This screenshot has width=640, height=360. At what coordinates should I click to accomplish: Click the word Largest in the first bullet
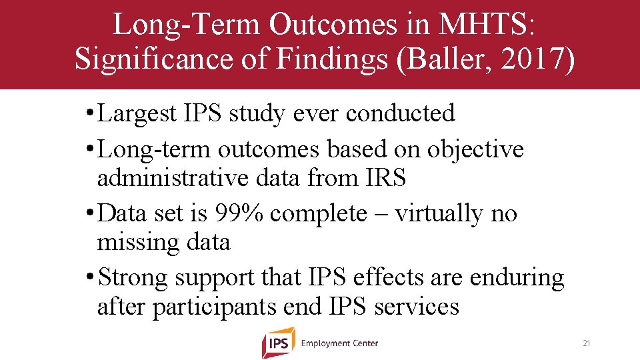pyautogui.click(x=137, y=113)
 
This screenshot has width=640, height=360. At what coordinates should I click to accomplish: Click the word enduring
pyautogui.click(x=517, y=277)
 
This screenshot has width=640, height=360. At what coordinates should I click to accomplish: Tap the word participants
pyautogui.click(x=217, y=307)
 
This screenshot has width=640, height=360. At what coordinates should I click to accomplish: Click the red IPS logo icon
pyautogui.click(x=278, y=343)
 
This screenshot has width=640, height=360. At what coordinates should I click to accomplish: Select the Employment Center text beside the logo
pyautogui.click(x=339, y=343)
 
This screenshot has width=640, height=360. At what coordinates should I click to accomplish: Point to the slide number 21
pyautogui.click(x=587, y=343)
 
